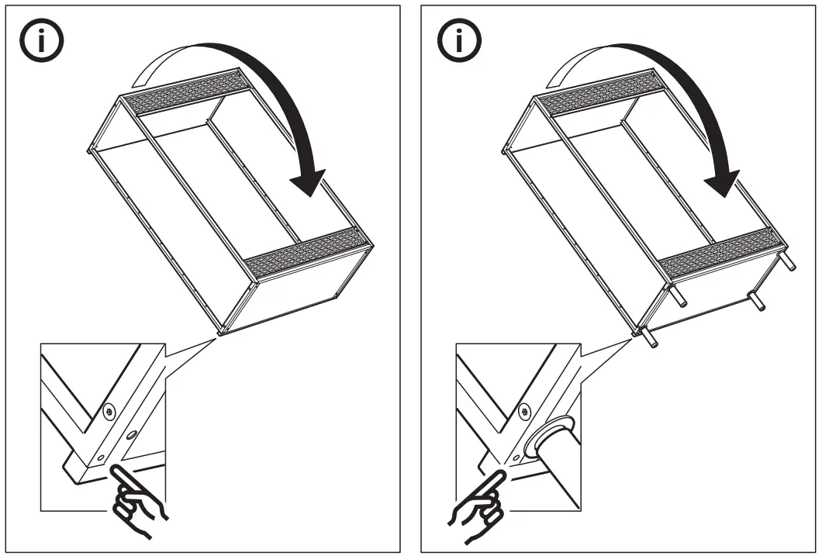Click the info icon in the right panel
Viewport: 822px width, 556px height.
pos(458,41)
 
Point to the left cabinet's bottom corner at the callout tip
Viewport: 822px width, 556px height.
pos(220,334)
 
